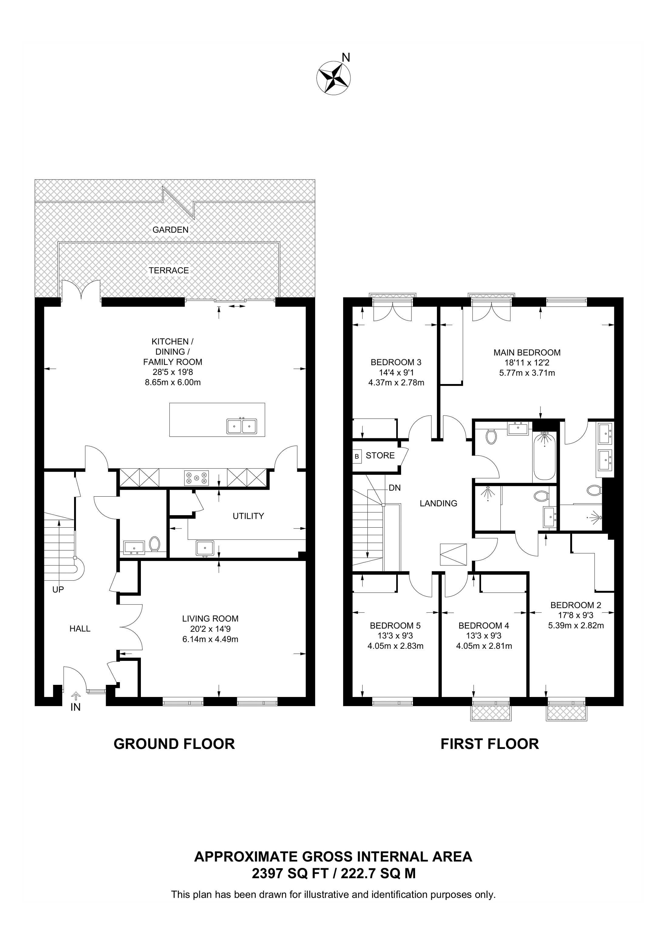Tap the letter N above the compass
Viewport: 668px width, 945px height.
346,58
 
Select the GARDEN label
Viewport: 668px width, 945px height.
170,230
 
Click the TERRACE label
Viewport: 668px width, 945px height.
169,270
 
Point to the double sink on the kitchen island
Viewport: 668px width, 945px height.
242,427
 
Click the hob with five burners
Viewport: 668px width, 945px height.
196,478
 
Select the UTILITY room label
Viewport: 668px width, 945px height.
248,516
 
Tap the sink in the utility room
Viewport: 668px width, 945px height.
205,548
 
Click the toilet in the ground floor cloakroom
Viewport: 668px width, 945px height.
155,544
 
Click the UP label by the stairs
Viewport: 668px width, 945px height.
58,590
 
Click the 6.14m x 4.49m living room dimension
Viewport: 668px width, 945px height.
210,639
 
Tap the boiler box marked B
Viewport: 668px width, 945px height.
357,456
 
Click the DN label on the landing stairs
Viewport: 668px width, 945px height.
394,488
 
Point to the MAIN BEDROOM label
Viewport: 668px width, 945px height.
527,352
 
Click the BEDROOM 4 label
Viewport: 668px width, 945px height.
484,626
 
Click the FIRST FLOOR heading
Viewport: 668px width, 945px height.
489,744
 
